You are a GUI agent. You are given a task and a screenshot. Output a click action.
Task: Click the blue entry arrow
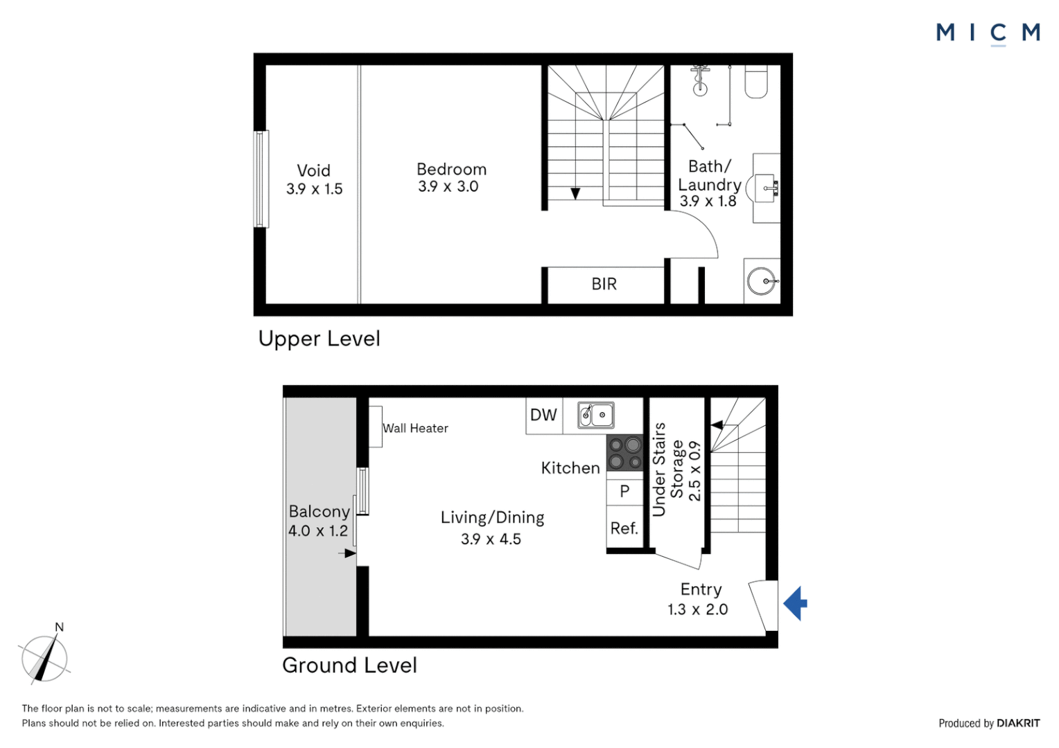click(796, 603)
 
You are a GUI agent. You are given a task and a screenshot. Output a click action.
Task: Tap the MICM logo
click(988, 33)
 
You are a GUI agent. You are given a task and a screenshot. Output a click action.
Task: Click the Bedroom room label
click(451, 170)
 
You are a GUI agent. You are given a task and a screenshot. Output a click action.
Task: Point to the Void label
click(313, 171)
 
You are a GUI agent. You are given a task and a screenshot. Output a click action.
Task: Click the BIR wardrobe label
click(604, 284)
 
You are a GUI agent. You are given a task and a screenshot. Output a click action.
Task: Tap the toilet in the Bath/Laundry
click(756, 82)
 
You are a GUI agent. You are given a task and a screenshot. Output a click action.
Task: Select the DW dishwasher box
click(543, 415)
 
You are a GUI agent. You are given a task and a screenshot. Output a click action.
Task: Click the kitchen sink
click(596, 415)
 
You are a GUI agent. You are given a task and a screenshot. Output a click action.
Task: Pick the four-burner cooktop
click(624, 453)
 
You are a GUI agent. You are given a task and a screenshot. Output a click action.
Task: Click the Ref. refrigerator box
click(624, 528)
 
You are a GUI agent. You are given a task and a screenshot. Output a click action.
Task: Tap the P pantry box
click(624, 491)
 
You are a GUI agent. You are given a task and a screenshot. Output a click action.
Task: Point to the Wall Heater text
click(415, 429)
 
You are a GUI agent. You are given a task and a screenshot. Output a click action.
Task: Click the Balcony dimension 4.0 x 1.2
click(318, 531)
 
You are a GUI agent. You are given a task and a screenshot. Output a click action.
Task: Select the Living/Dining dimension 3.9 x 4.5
click(491, 540)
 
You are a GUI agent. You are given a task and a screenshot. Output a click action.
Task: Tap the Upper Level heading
click(319, 339)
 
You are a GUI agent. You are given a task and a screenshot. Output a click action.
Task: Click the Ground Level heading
click(349, 666)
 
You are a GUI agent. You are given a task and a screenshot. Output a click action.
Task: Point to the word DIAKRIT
click(1018, 723)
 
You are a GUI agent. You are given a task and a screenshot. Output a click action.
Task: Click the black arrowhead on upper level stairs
click(575, 194)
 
